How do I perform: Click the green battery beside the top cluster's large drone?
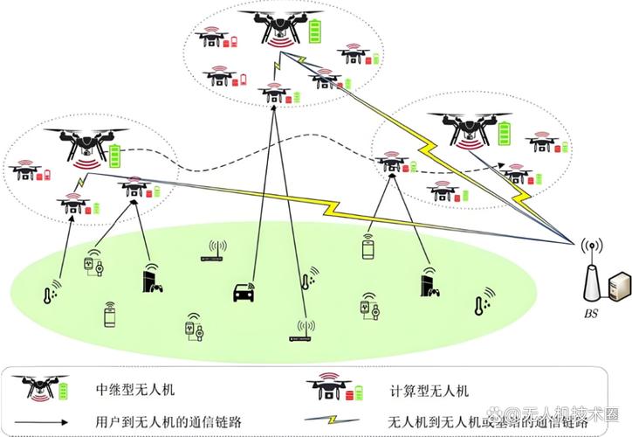tap(314, 30)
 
